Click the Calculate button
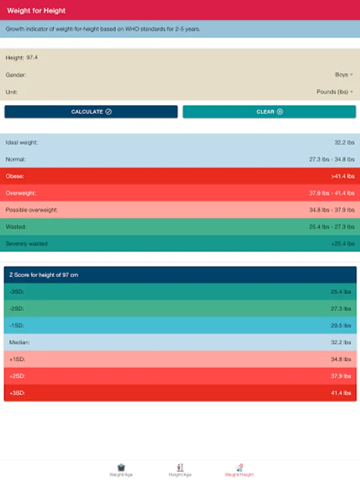pos(91,112)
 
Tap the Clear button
pos(269,112)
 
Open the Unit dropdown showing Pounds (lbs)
pos(335,92)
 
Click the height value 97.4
pos(32,58)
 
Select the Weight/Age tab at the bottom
pos(121,470)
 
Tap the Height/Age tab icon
pos(180,467)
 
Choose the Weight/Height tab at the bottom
pos(239,470)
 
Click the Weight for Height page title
pos(36,11)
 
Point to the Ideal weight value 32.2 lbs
pos(344,142)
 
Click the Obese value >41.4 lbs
pos(342,176)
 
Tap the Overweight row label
pos(21,193)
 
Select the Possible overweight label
pos(31,210)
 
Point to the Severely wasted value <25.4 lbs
pos(342,244)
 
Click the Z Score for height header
pos(44,275)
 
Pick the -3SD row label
pos(17,292)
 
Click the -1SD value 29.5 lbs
pos(341,325)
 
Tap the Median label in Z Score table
pos(19,342)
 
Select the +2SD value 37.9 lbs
pos(341,376)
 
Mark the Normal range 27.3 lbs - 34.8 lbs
pos(332,159)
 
